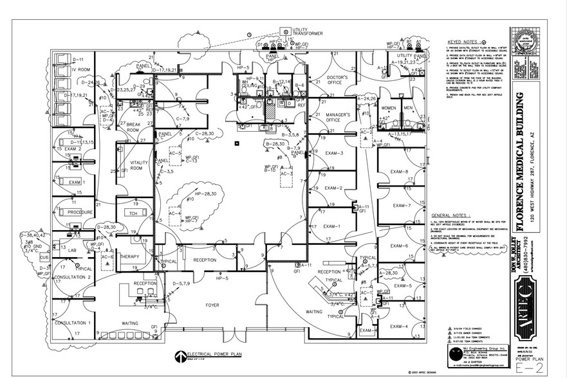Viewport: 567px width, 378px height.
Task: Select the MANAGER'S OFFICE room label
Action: (337, 117)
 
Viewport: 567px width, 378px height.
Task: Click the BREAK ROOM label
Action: (132, 127)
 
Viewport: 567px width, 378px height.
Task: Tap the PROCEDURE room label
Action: (81, 212)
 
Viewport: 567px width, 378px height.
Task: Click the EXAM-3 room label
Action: (333, 153)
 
